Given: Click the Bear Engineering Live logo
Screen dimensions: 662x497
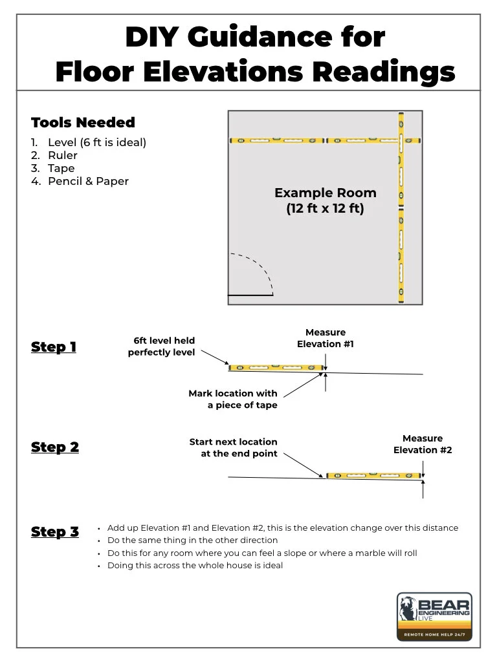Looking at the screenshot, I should [434, 616].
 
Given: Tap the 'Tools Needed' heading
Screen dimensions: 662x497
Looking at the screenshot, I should [83, 123].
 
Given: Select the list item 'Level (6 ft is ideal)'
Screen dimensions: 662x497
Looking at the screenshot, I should [96, 142].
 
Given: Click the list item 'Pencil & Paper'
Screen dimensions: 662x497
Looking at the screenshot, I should [88, 181].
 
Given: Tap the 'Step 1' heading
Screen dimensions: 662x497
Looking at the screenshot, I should [54, 347].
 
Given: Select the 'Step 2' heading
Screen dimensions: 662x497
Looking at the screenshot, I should [55, 447].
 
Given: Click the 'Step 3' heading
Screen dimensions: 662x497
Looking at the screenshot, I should [55, 532].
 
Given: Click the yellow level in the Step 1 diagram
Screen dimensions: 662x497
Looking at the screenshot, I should [276, 368].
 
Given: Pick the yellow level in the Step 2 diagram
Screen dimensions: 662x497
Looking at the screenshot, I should [374, 476].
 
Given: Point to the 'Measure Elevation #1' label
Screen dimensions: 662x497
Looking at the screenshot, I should [326, 338].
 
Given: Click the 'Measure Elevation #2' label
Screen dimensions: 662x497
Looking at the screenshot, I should [423, 444].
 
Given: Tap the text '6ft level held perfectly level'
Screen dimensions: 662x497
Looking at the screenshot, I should [161, 347].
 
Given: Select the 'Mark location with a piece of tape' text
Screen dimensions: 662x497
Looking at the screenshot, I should [233, 399].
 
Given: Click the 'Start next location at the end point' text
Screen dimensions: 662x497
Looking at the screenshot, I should [234, 447].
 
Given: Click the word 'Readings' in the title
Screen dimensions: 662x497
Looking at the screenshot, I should [384, 72].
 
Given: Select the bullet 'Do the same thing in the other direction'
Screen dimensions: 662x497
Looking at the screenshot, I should [192, 540].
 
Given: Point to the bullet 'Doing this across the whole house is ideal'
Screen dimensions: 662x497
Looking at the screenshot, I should [195, 566].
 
